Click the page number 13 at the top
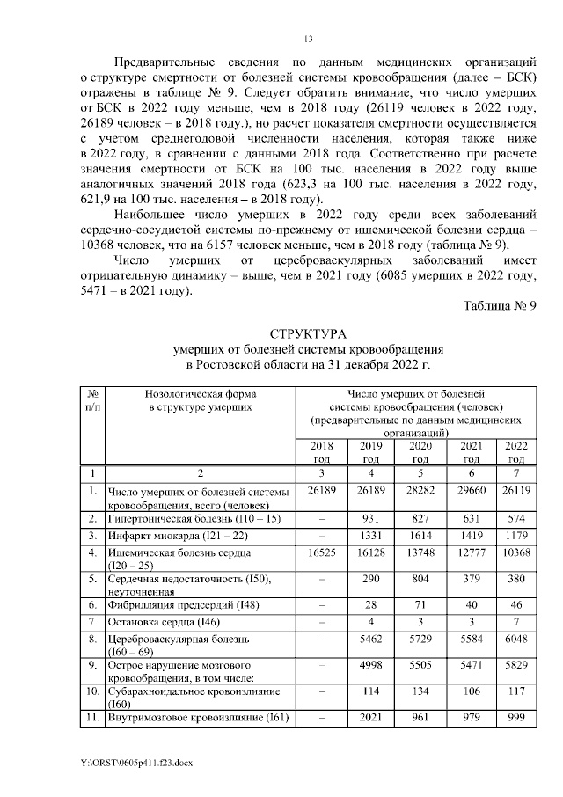[x=308, y=39]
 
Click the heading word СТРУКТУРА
[x=308, y=335]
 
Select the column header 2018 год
[x=322, y=453]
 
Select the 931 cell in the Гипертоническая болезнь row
[x=371, y=519]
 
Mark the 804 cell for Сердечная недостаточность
[x=420, y=580]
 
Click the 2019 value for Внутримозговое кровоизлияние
[x=371, y=718]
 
